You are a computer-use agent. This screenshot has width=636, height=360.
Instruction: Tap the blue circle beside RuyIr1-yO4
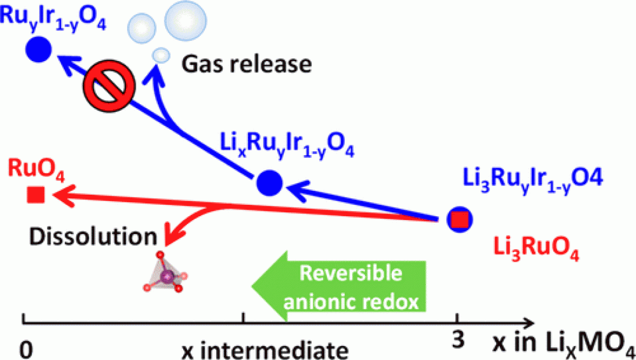(39, 50)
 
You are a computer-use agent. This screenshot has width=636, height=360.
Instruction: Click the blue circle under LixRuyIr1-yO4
(269, 183)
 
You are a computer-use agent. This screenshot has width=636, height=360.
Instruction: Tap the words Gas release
(246, 65)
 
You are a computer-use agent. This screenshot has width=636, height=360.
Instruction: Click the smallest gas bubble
(160, 54)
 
